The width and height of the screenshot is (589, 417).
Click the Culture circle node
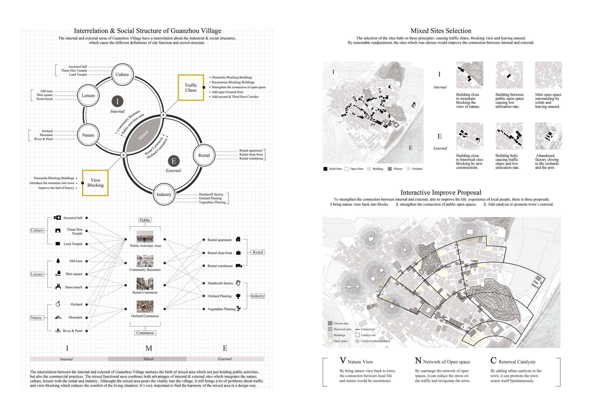pos(122,75)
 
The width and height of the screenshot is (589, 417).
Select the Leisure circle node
pos(88,96)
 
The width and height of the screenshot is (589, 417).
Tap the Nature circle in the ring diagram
pos(88,135)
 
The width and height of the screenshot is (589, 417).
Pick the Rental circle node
pos(204,156)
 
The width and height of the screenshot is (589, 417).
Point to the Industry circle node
pos(164,194)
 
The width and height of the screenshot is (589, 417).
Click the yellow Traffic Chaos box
pos(191,88)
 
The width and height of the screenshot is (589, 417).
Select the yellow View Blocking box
pos(95,183)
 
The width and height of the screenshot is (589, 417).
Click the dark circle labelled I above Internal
pos(118,101)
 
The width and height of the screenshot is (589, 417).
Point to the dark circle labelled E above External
pos(174,161)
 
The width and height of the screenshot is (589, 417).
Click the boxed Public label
pos(145,220)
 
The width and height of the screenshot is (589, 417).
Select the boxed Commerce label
pos(145,333)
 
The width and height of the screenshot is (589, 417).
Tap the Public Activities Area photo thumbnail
pos(145,237)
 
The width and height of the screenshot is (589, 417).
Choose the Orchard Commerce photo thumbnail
pos(145,307)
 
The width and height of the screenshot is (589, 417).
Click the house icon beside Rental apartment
pos(238,239)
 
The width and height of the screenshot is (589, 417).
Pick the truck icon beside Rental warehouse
pos(239,266)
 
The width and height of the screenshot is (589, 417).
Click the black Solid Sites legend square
pos(325,169)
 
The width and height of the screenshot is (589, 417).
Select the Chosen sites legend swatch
pos(330,323)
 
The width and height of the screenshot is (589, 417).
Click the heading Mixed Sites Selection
pos(441,31)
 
